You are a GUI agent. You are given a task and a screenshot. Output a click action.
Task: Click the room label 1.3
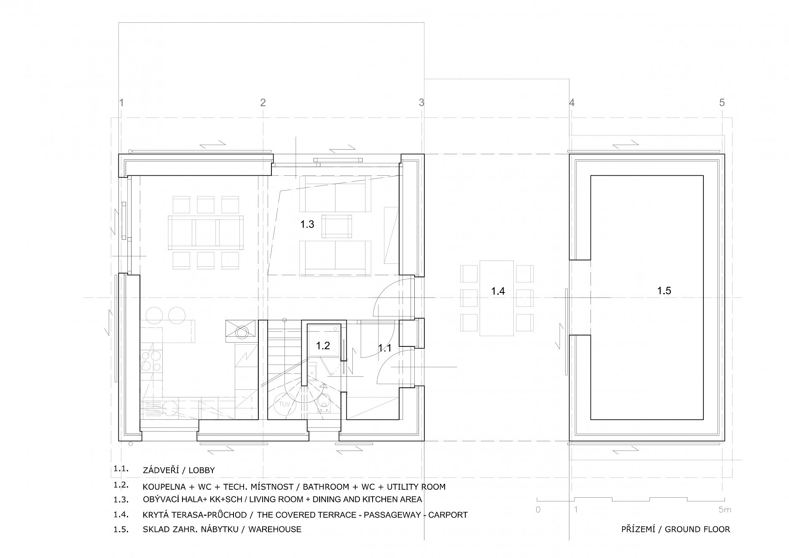pyautogui.click(x=307, y=224)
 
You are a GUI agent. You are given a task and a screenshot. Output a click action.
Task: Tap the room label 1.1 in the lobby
pyautogui.click(x=384, y=348)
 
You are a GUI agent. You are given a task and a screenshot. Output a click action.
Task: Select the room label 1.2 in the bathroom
pyautogui.click(x=323, y=346)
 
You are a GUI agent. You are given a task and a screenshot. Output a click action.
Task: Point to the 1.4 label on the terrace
pyautogui.click(x=498, y=291)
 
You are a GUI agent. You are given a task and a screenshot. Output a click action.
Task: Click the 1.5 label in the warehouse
pyautogui.click(x=664, y=290)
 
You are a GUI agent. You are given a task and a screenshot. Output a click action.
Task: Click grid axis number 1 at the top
pyautogui.click(x=121, y=102)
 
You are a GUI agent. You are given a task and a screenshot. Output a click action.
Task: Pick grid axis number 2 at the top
pyautogui.click(x=263, y=102)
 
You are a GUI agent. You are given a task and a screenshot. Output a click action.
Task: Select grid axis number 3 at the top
pyautogui.click(x=421, y=102)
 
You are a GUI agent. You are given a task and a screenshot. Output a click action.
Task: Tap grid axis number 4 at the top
pyautogui.click(x=572, y=102)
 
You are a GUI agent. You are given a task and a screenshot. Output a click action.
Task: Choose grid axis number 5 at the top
pyautogui.click(x=722, y=102)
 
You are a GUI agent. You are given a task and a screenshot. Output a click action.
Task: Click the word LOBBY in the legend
pyautogui.click(x=201, y=470)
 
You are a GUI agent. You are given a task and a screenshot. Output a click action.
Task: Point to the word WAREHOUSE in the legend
pyautogui.click(x=275, y=529)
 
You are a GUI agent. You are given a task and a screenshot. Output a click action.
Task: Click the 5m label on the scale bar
pyautogui.click(x=725, y=510)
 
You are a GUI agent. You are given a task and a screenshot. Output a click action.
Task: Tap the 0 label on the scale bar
pyautogui.click(x=538, y=510)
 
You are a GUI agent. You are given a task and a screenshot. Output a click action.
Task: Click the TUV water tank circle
pyautogui.click(x=284, y=404)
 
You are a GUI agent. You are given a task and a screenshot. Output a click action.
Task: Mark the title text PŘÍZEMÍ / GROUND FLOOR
pyautogui.click(x=676, y=529)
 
